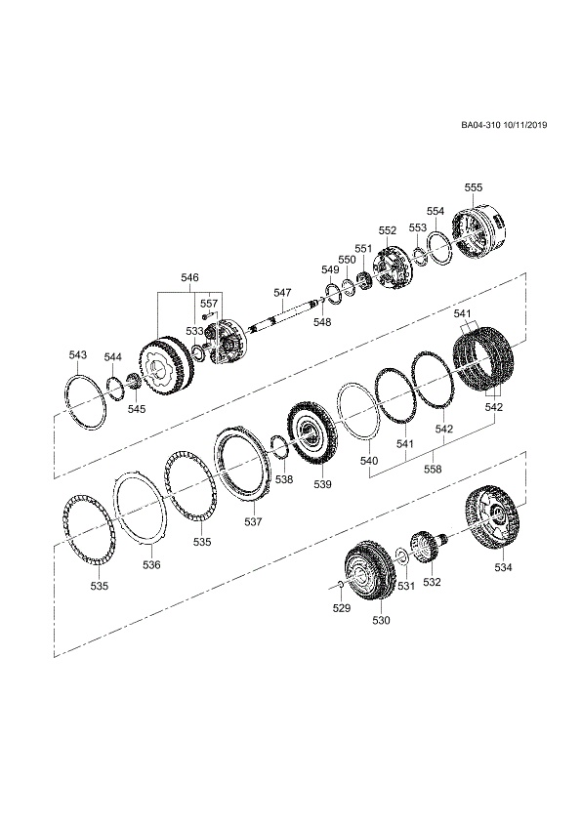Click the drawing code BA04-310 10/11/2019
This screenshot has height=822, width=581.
(504, 125)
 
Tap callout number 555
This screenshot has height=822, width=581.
(473, 187)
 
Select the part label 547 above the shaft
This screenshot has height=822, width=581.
(282, 292)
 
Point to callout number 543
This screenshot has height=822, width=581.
(77, 355)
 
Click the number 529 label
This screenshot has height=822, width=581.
(342, 608)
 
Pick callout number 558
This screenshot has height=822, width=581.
(433, 470)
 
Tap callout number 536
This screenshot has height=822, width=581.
(151, 564)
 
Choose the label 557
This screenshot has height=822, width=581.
(209, 304)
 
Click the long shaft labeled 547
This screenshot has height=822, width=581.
(282, 316)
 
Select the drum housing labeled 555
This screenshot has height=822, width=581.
(479, 232)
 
